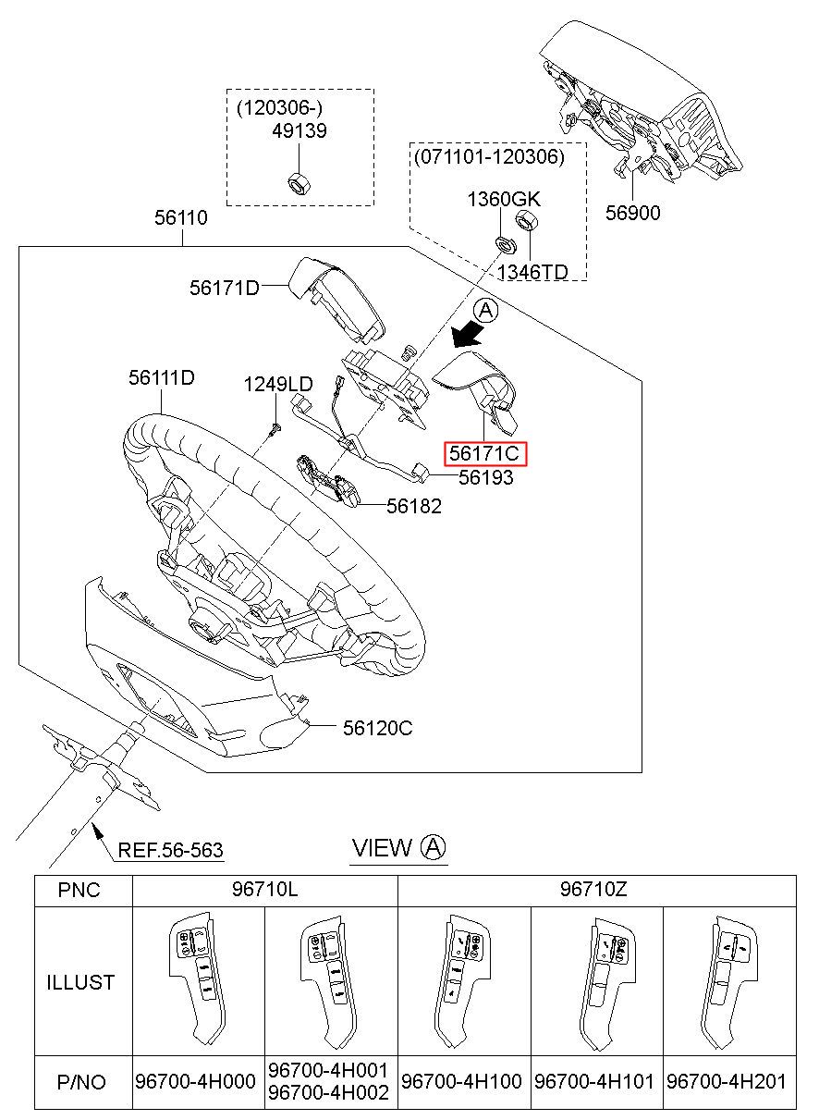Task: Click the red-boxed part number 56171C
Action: pos(485,454)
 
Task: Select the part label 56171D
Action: pos(225,289)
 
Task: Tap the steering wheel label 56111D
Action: pos(162,377)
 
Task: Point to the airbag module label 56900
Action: pos(633,214)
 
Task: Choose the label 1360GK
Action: pos(503,200)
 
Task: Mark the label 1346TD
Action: pos(532,271)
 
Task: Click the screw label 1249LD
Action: pos(277,384)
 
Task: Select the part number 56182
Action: pos(414,506)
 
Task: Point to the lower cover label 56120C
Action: pos(377,728)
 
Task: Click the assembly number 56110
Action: pos(181,218)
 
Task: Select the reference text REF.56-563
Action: pos(170,849)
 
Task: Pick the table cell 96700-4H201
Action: pos(730,1081)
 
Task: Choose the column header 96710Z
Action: pos(596,890)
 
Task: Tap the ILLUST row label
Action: pos(80,981)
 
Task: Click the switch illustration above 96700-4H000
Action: pos(199,980)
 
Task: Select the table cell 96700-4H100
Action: pos(462,1081)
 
